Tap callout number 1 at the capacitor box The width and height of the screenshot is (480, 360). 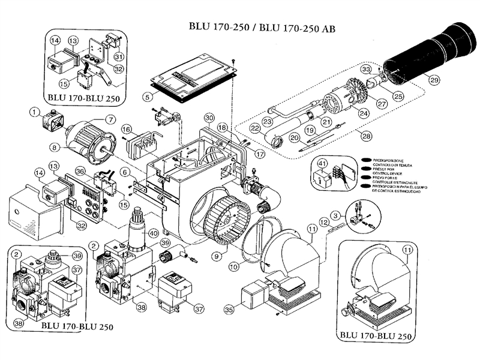tap(34, 111)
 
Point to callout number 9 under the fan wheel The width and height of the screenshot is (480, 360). tap(214, 256)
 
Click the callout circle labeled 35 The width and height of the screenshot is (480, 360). tap(229, 310)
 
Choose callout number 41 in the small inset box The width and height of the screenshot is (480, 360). tap(322, 164)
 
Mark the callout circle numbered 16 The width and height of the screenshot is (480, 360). tap(126, 130)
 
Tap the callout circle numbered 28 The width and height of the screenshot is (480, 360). tap(366, 137)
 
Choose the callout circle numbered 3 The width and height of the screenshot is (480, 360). tap(337, 214)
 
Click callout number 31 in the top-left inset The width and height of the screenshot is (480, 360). tap(119, 56)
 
